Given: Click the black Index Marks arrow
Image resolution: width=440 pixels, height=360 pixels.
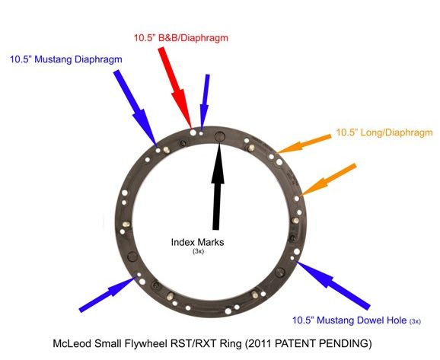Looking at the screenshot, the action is (218, 184).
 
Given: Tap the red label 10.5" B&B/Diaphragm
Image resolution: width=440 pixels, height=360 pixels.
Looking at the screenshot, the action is (180, 37).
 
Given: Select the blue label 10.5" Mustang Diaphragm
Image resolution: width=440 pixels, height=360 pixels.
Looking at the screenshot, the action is (66, 59).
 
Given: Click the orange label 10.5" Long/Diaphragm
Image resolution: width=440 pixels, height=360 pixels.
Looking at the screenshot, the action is (384, 132).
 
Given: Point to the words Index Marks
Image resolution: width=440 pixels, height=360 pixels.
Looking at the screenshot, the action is (198, 242).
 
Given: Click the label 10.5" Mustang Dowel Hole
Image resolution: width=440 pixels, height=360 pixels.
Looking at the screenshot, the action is (349, 320).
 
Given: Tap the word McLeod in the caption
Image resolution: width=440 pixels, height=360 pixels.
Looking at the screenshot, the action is (72, 343).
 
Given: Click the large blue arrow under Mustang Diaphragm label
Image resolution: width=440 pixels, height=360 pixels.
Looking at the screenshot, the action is (135, 108).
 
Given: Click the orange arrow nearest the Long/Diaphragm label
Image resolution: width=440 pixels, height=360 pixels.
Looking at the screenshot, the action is (304, 144).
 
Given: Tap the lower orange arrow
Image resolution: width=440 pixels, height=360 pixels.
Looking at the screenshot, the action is (327, 180).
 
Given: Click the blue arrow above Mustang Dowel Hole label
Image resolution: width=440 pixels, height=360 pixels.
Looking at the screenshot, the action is (333, 285).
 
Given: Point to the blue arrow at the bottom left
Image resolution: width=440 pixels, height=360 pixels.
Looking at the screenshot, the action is (107, 294).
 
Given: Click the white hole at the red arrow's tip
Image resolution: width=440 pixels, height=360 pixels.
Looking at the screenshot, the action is (193, 132).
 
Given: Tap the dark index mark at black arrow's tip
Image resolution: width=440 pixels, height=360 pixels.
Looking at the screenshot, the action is (220, 137).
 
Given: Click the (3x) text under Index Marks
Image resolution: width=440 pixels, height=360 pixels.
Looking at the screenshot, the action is (198, 251).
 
